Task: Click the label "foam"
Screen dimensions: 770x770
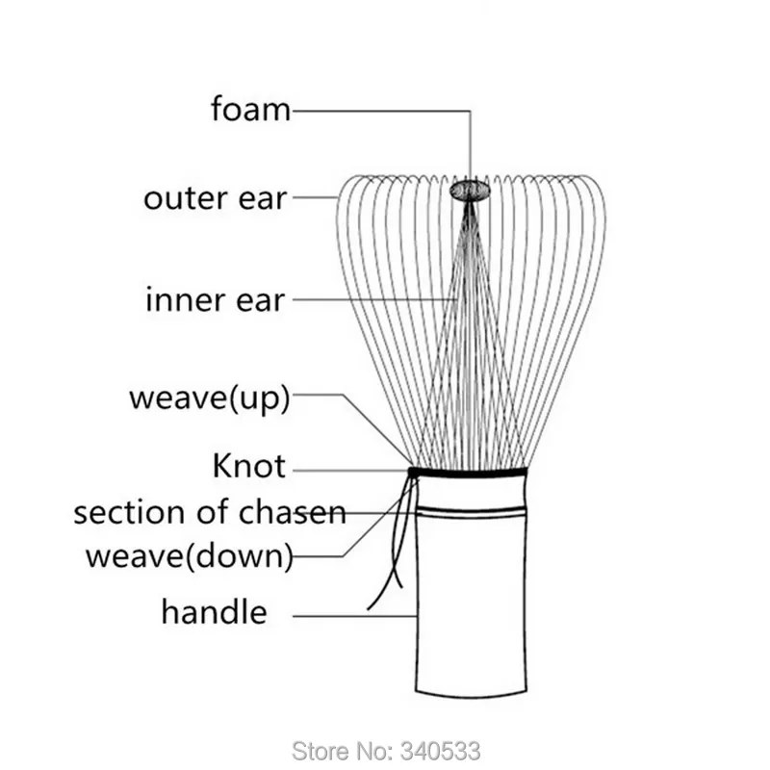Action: pos(250,109)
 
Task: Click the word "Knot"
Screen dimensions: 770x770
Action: pos(249,466)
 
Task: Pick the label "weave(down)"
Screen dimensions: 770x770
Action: pos(190,557)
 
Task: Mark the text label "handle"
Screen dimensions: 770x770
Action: pos(214,612)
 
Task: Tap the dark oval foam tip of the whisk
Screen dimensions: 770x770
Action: pos(470,190)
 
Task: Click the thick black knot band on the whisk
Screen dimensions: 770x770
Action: pos(468,473)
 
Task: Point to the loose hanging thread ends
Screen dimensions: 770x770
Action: pos(392,545)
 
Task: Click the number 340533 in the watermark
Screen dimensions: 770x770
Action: pos(440,751)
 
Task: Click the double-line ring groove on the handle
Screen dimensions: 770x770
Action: pos(471,511)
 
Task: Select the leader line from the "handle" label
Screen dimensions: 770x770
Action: pos(354,615)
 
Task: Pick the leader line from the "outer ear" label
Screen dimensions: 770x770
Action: pos(316,197)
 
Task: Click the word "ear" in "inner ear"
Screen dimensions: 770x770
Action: pos(260,301)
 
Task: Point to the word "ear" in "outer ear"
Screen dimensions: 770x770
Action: pos(262,200)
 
